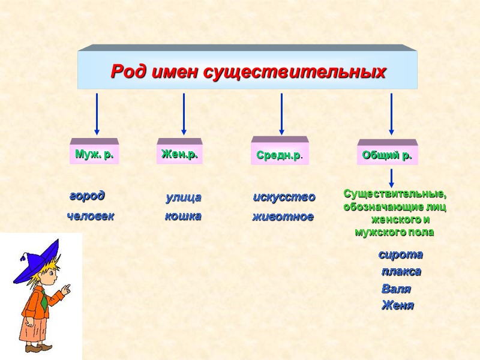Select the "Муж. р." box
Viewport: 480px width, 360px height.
[x=94, y=154]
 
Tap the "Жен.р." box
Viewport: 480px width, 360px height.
[x=179, y=154]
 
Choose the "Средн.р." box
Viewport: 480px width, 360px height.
[x=280, y=155]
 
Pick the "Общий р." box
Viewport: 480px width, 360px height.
[x=387, y=155]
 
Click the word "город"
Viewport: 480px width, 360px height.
[x=87, y=196]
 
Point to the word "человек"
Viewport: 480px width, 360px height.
[x=90, y=216]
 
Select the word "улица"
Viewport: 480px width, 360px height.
[x=183, y=197]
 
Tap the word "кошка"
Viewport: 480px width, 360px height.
[x=183, y=216]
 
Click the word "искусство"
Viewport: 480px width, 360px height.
[x=284, y=197]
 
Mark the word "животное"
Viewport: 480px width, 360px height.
[x=283, y=217]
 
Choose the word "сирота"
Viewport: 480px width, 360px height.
[x=400, y=254]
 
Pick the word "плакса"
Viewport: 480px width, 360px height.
[x=401, y=271]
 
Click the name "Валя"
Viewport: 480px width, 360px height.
[x=396, y=289]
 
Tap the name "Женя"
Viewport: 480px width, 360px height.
[x=397, y=306]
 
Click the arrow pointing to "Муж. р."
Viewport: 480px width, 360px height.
[x=97, y=114]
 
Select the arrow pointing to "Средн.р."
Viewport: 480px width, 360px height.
[x=281, y=114]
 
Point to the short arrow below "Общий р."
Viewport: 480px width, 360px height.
[x=391, y=178]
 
